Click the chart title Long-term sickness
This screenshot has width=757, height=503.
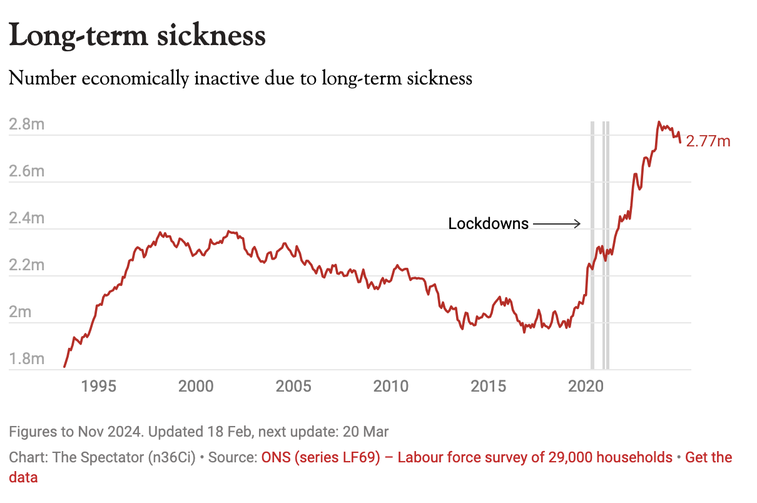tap(138, 36)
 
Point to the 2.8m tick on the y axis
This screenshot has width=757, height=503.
tap(27, 124)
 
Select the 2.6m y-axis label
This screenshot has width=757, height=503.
tap(27, 171)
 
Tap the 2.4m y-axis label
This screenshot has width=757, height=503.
tap(27, 218)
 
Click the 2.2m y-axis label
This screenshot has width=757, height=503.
tap(27, 265)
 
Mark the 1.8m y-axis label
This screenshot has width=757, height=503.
tap(27, 358)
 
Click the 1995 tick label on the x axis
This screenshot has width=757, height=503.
tap(99, 386)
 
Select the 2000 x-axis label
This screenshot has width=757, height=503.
tap(196, 386)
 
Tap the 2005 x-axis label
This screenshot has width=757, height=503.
tap(293, 386)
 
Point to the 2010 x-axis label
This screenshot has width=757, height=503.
tap(391, 386)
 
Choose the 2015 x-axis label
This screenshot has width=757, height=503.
tap(489, 386)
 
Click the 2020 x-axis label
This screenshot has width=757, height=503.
tap(586, 386)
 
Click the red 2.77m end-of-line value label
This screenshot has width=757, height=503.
tap(708, 141)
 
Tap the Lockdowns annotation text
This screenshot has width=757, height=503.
tap(489, 223)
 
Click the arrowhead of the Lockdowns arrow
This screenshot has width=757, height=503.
tap(579, 223)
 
